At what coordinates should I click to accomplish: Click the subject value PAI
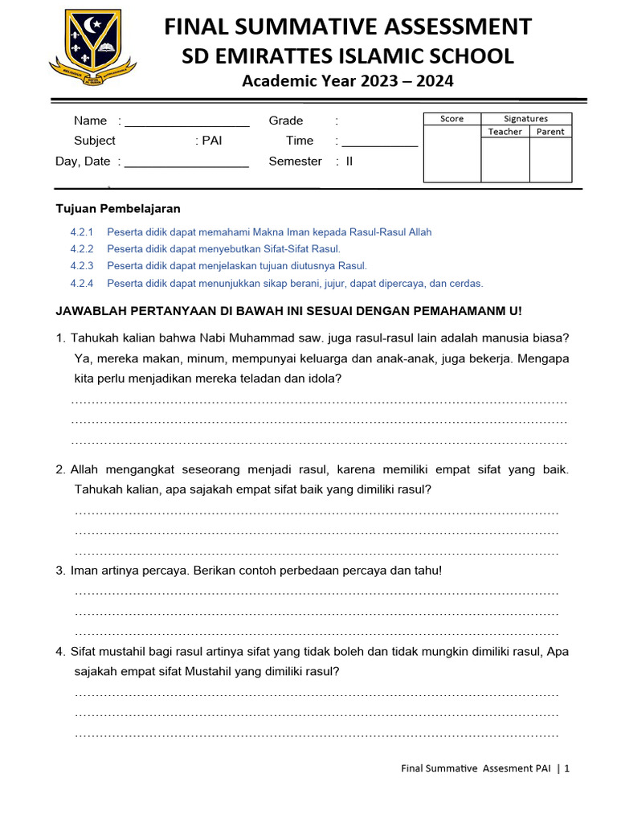click(212, 141)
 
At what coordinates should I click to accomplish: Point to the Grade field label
click(286, 121)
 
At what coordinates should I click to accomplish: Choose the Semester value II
click(349, 162)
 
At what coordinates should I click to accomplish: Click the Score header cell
click(452, 119)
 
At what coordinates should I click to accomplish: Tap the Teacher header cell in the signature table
click(505, 132)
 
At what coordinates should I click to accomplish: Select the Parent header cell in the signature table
click(550, 132)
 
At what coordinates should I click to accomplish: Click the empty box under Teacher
click(505, 160)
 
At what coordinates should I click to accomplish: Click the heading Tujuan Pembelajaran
click(118, 209)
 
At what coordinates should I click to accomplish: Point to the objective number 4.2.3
click(82, 266)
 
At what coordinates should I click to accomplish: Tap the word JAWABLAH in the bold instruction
click(90, 311)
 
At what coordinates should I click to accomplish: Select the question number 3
click(60, 571)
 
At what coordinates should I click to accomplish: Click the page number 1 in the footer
click(566, 768)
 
